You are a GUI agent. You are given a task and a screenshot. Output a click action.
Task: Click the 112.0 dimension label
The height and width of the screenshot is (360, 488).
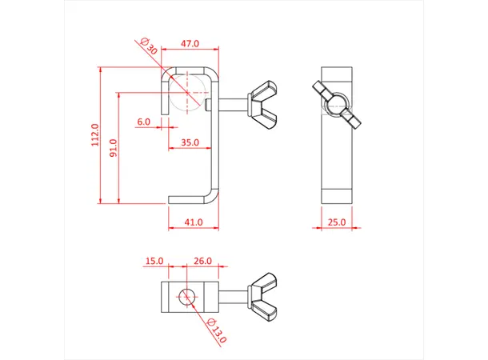point(94,135)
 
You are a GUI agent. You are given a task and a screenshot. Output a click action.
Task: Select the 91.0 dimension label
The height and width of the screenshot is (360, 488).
point(113,148)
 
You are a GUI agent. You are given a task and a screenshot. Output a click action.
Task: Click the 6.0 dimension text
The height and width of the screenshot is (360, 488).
point(143,122)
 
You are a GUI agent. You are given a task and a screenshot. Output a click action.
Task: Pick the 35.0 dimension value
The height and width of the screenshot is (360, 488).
point(190,142)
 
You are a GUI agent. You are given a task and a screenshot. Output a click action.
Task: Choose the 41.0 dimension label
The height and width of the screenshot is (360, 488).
point(193,222)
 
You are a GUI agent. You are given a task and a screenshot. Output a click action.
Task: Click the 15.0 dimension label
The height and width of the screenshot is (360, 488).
point(154,261)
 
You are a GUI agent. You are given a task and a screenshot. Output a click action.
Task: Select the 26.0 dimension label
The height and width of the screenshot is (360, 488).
point(203,261)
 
